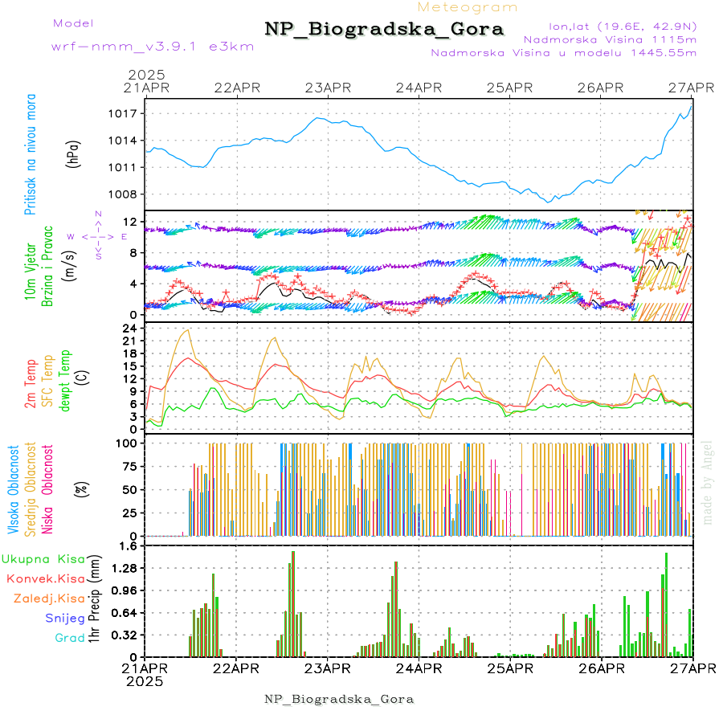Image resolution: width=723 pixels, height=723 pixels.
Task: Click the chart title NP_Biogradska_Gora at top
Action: coord(384,30)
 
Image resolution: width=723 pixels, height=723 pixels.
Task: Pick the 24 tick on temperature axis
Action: coord(129,329)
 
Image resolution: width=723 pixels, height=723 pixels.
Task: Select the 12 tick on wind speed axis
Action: coord(129,222)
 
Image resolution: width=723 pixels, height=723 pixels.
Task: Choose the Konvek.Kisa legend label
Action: coord(45,578)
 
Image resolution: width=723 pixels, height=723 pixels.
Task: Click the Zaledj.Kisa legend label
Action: coord(49,598)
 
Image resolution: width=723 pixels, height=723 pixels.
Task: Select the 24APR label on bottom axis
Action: coord(419,668)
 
